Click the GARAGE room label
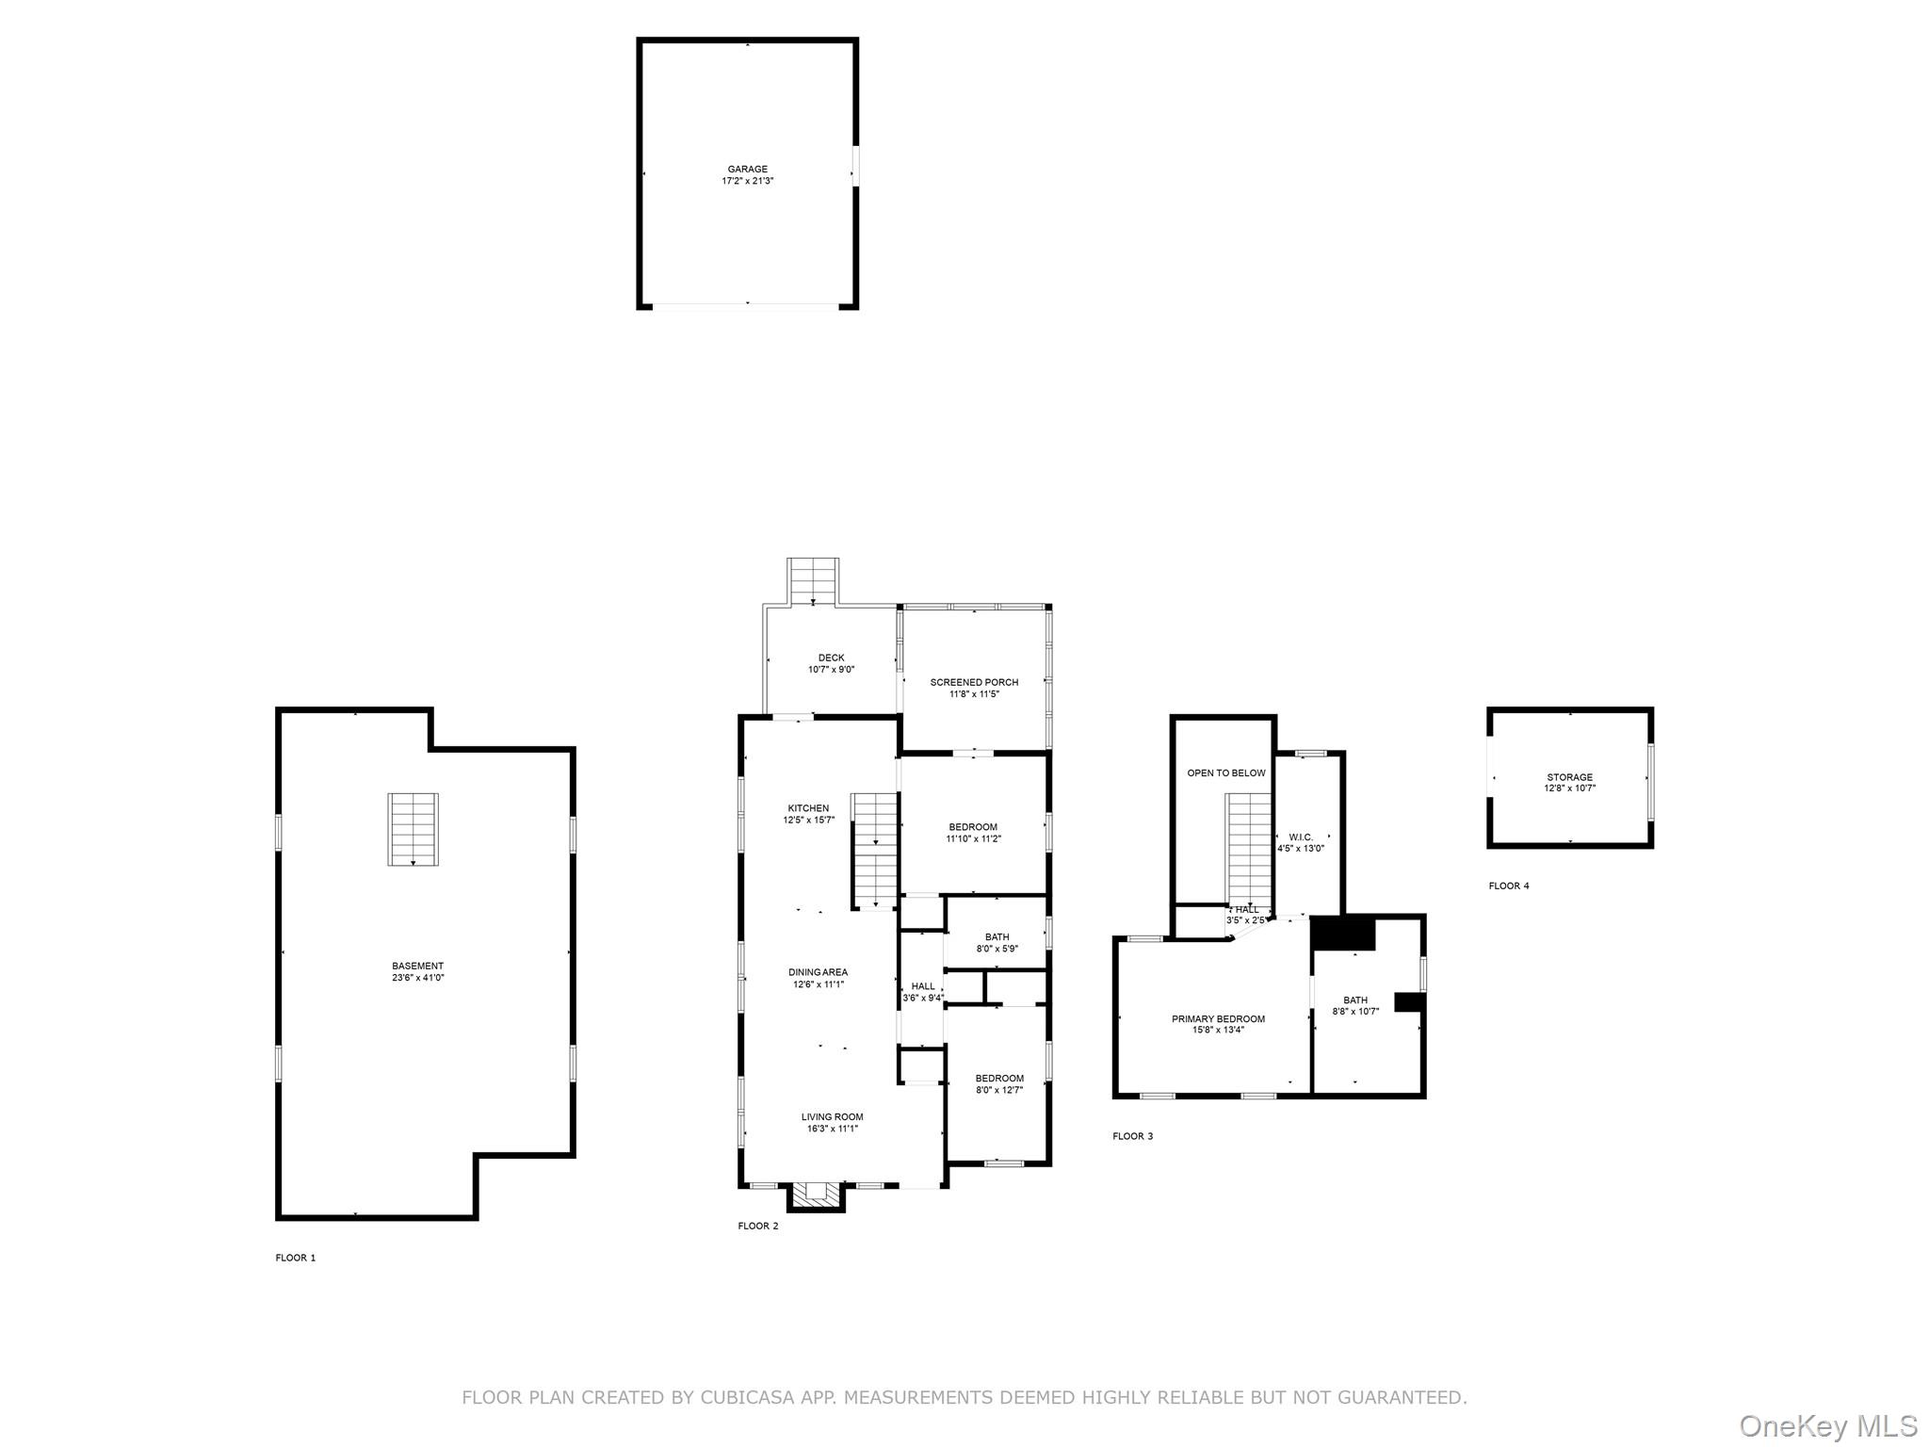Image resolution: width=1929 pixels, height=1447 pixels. pos(747,170)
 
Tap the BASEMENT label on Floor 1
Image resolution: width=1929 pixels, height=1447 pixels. pos(417,966)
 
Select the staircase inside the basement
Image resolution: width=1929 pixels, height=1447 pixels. pos(413,829)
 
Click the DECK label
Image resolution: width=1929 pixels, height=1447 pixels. pos(832,658)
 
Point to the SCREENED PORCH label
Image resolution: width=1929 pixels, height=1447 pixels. pos(974,682)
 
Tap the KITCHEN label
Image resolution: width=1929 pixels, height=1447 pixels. pos(808,808)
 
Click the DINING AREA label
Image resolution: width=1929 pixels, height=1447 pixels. pos(818,972)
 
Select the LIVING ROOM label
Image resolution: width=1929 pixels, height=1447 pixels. pos(832,1117)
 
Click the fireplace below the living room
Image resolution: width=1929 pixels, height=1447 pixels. pos(816,1196)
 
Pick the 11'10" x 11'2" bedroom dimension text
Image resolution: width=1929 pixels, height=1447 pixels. pos(973,838)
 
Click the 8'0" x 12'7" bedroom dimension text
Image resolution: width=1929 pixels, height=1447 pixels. pos(998,1090)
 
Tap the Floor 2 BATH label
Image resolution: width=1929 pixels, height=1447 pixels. pos(997,937)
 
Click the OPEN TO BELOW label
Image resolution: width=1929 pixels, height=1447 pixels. pos(1225,773)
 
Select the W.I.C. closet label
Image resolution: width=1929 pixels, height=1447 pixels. pos(1301,837)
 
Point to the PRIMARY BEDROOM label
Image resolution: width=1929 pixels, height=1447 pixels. pos(1218,1018)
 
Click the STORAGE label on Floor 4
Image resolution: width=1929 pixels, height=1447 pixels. pos(1569,777)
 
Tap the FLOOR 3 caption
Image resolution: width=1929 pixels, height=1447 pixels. pos(1132,1136)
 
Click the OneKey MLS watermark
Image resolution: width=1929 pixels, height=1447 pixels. pos(1828,1425)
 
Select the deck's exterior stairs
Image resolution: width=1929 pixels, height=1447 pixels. pos(813,580)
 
